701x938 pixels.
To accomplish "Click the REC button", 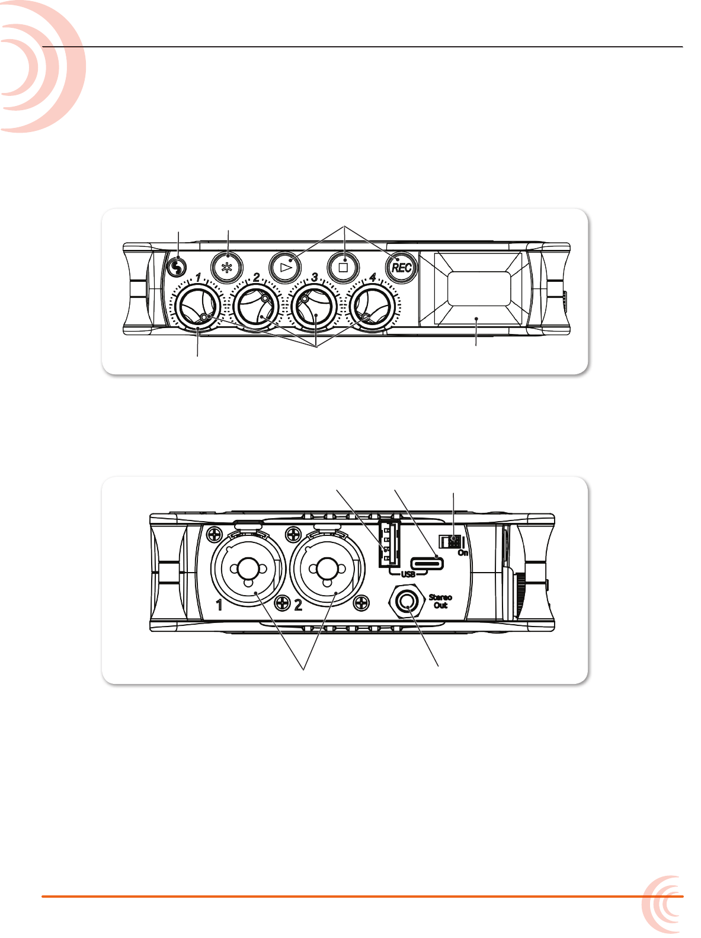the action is coord(401,268).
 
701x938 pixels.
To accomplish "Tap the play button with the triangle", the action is coord(284,268).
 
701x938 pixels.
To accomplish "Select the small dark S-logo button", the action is coord(177,268).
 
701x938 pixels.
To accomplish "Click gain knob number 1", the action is coord(198,307).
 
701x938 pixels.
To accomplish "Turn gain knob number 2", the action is coord(256,307).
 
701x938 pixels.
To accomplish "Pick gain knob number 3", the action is coord(314,307).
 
